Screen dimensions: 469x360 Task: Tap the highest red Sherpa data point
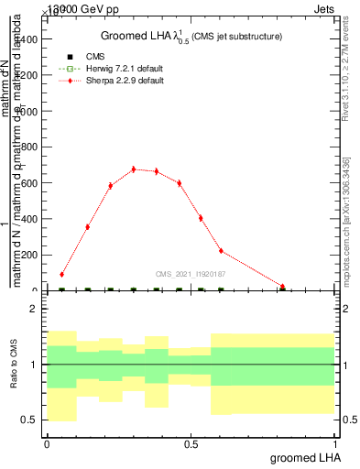coord(134,169)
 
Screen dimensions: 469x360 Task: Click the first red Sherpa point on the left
coord(61,274)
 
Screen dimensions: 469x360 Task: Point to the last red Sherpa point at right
coord(283,287)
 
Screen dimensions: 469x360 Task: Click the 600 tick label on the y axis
coord(31,183)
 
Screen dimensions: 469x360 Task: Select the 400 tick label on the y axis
coord(31,219)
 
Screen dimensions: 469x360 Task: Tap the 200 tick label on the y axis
coord(31,255)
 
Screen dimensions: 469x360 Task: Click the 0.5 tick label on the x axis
coord(191,444)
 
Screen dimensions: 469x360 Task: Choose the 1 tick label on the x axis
coord(335,444)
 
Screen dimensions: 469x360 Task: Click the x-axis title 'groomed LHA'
coord(303,457)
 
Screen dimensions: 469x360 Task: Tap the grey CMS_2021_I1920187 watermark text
coord(191,273)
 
